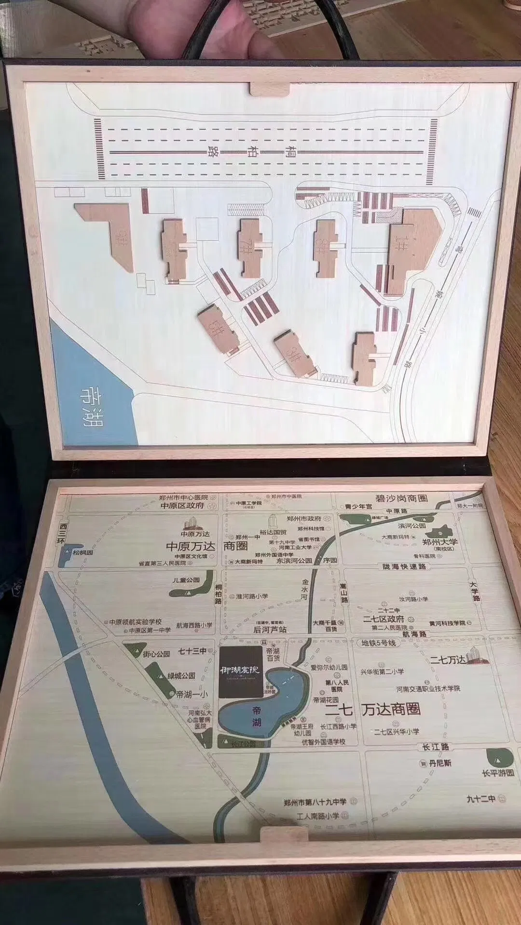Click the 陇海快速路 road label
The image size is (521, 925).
(x=404, y=567)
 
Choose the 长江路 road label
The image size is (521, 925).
(x=432, y=747)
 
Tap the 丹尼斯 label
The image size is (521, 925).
(x=439, y=764)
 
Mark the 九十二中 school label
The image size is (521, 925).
(x=481, y=799)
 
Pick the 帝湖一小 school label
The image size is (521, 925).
(x=192, y=694)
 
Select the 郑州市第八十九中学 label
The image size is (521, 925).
(x=315, y=802)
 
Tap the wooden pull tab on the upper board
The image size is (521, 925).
(x=269, y=88)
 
